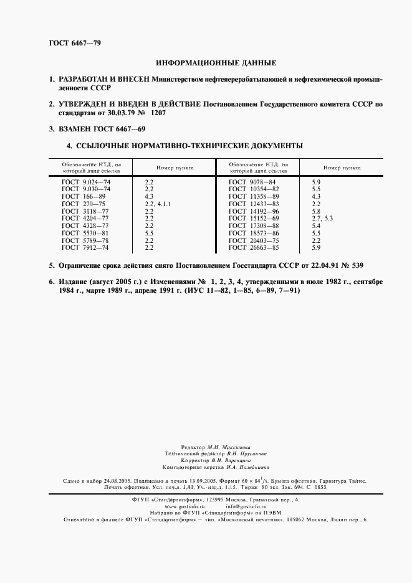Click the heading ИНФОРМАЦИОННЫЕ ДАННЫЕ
tap(215, 63)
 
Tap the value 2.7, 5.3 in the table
tap(322, 218)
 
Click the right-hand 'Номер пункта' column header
tap(342, 168)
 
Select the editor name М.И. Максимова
tap(229, 447)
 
